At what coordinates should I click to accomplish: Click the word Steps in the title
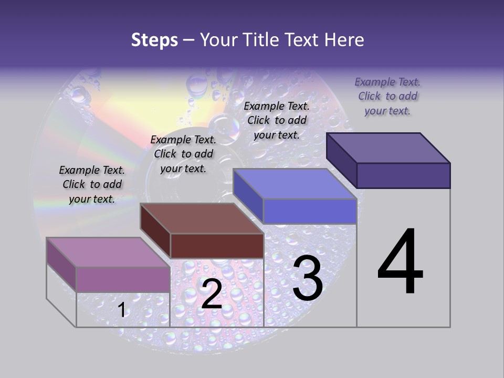tap(154, 40)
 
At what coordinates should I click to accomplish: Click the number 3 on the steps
tap(308, 278)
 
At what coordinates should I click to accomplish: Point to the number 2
tap(212, 294)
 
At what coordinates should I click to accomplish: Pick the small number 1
tap(122, 310)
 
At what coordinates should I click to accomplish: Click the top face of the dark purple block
tap(388, 148)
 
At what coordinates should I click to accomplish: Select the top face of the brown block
tap(202, 218)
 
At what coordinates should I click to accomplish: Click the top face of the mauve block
tap(108, 252)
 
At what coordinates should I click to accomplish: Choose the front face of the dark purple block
tap(403, 175)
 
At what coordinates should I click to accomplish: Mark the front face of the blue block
tap(310, 211)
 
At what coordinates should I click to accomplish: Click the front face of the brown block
tap(216, 246)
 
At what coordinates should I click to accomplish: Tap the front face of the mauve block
tap(123, 279)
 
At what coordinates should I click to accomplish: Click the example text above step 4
tap(387, 96)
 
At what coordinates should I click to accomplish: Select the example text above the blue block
tap(277, 120)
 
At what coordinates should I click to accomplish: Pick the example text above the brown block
tap(183, 154)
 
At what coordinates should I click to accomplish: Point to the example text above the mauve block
tap(92, 184)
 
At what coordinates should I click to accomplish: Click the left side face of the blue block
tap(248, 196)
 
